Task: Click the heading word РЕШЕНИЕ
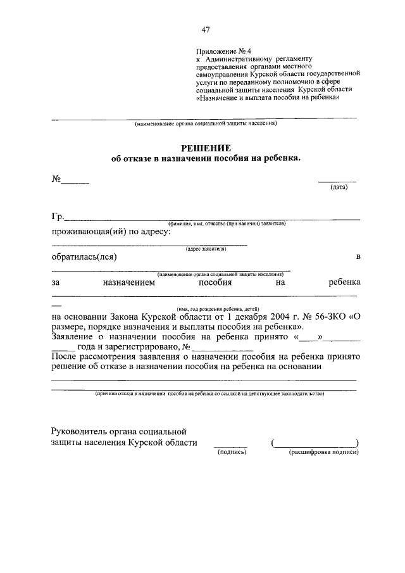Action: tap(206, 148)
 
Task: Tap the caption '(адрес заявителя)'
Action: tap(206, 249)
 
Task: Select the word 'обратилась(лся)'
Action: tap(84, 257)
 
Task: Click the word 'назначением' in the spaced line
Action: tap(128, 283)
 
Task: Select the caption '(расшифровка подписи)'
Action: tap(324, 453)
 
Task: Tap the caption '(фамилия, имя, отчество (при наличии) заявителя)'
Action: tap(227, 224)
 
